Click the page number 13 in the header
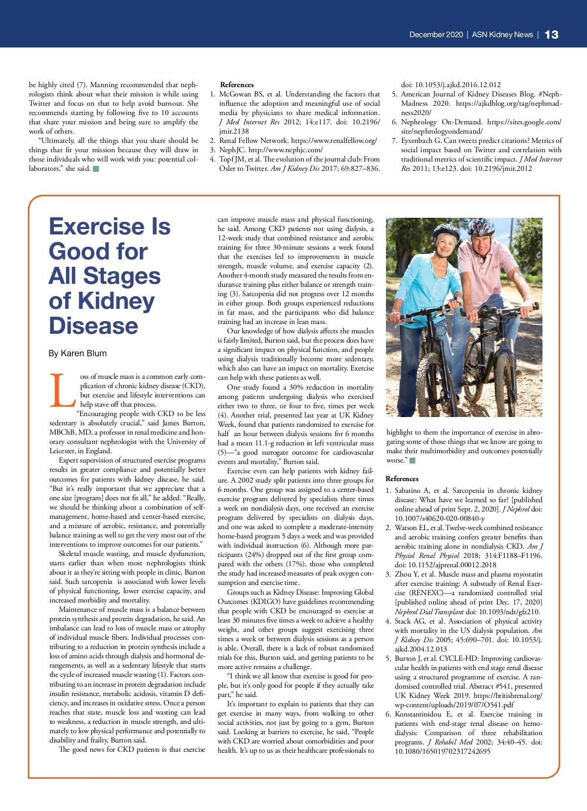551,35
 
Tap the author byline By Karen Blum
77,353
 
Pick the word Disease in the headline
93,326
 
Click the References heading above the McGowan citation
237,85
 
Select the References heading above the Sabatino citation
402,479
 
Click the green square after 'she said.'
96,169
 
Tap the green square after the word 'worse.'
412,461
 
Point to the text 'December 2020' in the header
436,35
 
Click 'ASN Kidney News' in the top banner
502,35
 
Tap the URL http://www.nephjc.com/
286,150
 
